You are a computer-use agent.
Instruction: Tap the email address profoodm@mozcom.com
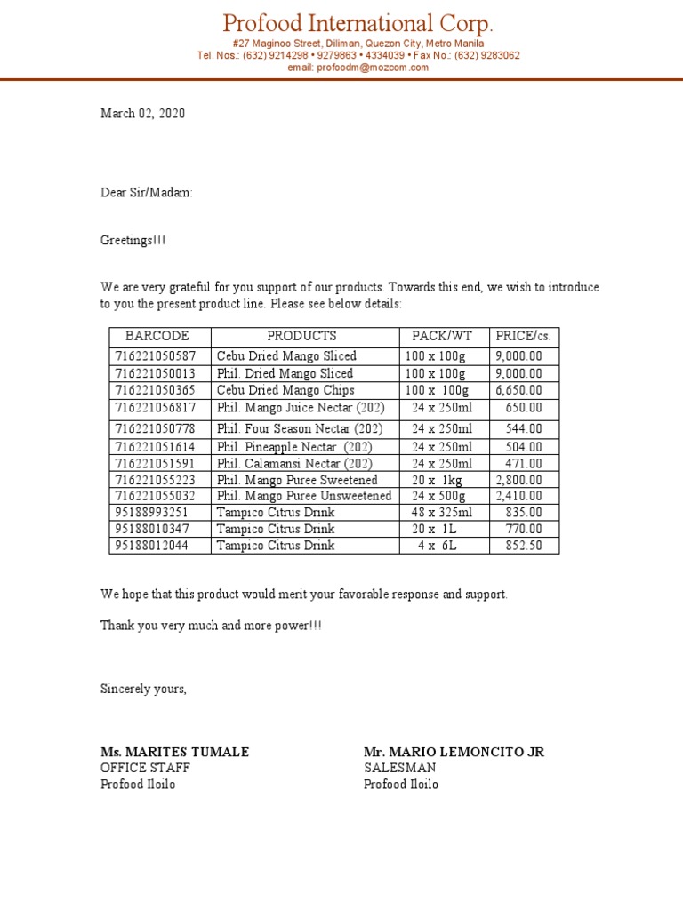pyautogui.click(x=358, y=67)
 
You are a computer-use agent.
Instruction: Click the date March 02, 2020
pyautogui.click(x=142, y=114)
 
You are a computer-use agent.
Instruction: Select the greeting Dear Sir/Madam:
pyautogui.click(x=146, y=192)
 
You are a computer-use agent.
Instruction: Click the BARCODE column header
pyautogui.click(x=157, y=336)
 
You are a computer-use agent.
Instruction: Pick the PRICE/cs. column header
pyautogui.click(x=524, y=336)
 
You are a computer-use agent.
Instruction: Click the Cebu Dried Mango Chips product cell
pyautogui.click(x=285, y=390)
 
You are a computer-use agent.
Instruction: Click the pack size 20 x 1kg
pyautogui.click(x=438, y=480)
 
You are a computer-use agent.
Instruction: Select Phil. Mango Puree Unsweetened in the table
pyautogui.click(x=304, y=496)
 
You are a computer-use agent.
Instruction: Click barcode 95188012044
pyautogui.click(x=151, y=546)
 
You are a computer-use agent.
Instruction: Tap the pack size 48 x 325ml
pyautogui.click(x=442, y=513)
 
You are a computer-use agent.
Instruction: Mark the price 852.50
pyautogui.click(x=524, y=546)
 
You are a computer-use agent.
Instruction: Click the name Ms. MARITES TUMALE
pyautogui.click(x=174, y=752)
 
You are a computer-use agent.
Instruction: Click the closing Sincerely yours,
pyautogui.click(x=143, y=690)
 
